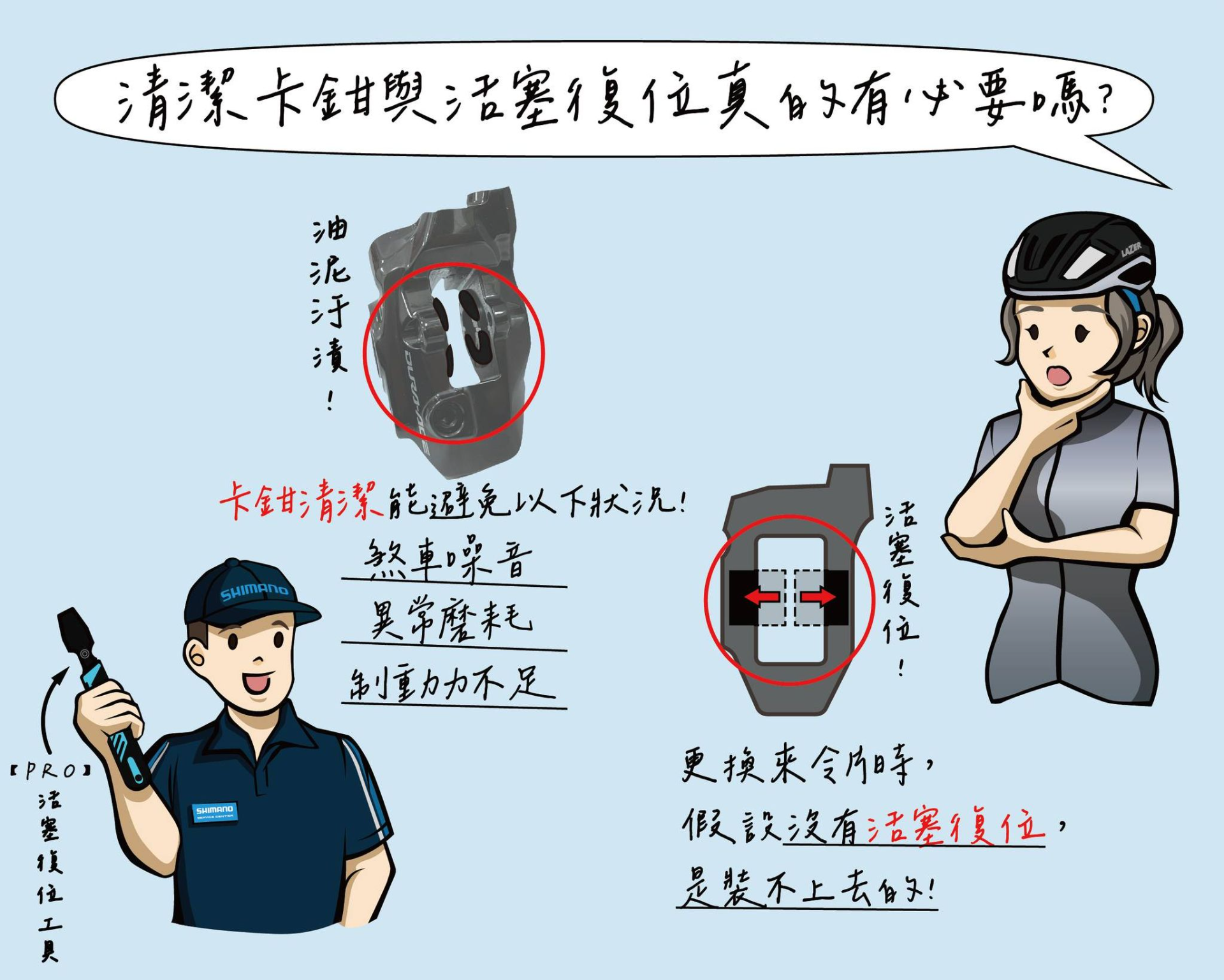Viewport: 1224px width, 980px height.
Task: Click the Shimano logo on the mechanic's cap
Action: [x=254, y=591]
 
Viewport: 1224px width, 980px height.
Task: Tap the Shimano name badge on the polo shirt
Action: [x=215, y=812]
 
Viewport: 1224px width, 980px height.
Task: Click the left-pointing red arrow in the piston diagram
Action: [x=763, y=597]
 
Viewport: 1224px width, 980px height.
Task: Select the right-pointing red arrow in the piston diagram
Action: [x=818, y=597]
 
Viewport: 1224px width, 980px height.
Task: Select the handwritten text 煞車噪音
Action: [x=448, y=560]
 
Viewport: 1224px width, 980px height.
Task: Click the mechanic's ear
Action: [x=195, y=656]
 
